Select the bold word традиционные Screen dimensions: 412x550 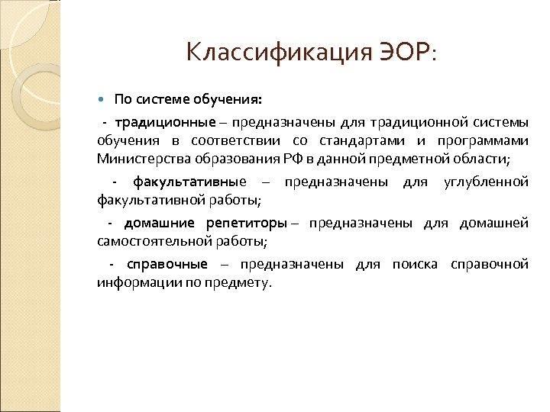[x=159, y=122]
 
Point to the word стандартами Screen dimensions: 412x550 [x=366, y=140]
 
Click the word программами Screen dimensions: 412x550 [x=485, y=140]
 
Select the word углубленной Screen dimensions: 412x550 [x=486, y=182]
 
